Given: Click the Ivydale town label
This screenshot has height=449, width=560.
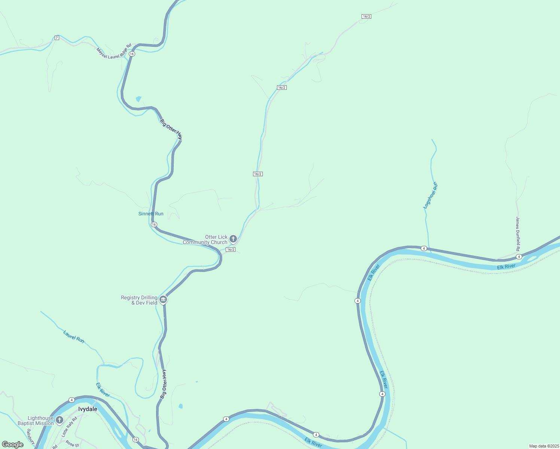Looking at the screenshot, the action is click(88, 409).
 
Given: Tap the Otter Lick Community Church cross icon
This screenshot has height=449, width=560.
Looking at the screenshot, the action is click(233, 239).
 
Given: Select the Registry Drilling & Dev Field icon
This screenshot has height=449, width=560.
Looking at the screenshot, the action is click(163, 299).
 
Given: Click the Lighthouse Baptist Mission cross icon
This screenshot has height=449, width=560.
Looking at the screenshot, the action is click(59, 420).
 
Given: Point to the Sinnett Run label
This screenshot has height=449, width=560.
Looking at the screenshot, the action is click(151, 214).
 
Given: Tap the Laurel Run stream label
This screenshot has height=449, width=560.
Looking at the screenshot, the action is click(74, 336).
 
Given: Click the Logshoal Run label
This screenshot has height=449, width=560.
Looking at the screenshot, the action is click(430, 195).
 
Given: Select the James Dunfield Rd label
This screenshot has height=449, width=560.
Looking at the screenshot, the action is click(518, 234).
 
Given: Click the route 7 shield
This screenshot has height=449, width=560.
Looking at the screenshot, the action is click(57, 38).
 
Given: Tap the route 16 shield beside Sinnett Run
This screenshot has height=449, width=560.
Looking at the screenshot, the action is click(154, 224).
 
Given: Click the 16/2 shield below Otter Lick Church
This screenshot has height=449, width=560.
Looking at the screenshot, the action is click(231, 250).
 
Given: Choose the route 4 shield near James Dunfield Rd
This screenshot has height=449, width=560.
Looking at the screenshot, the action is click(519, 256).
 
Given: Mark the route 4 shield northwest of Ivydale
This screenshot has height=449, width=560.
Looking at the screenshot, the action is click(71, 400).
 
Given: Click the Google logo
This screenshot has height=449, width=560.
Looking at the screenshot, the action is click(13, 445).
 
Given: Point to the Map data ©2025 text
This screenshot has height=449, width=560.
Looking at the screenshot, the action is click(544, 446).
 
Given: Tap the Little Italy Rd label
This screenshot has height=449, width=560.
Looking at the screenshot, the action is click(69, 427).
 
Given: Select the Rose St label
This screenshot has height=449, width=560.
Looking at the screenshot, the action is click(72, 444).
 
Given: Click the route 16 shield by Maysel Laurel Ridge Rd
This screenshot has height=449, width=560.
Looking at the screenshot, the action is click(132, 54).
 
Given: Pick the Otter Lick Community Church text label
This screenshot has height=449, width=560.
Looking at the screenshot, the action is click(205, 239).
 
